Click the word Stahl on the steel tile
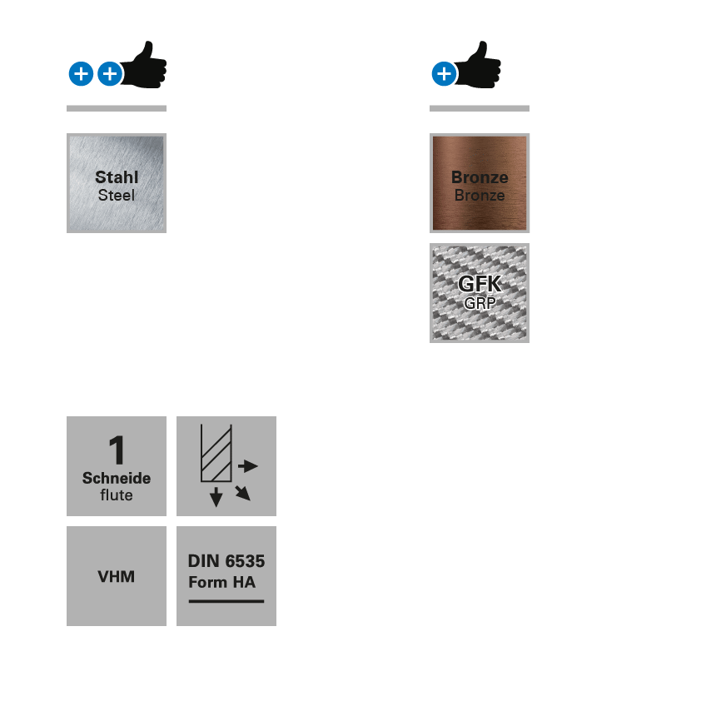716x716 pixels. (x=117, y=177)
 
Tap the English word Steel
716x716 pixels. (x=117, y=196)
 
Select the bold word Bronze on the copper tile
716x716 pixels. (x=480, y=177)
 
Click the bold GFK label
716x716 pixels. (x=480, y=284)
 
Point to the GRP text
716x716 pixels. (x=480, y=303)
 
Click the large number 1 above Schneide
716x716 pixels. (x=117, y=450)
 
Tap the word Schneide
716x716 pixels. (x=117, y=478)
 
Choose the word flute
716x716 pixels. (x=117, y=495)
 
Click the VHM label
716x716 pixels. (x=117, y=576)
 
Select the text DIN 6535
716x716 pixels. (x=226, y=561)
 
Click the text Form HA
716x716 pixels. (x=222, y=582)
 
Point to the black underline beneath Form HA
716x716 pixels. (x=226, y=600)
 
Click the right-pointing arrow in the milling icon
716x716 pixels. (x=247, y=466)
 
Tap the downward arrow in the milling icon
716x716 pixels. (x=216, y=496)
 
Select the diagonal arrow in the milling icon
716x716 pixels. (x=242, y=493)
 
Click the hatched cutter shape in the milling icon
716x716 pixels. (x=216, y=454)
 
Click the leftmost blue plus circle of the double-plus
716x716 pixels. (x=81, y=74)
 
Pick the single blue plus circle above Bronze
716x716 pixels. (x=444, y=74)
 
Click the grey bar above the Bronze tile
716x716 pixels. (x=480, y=108)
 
